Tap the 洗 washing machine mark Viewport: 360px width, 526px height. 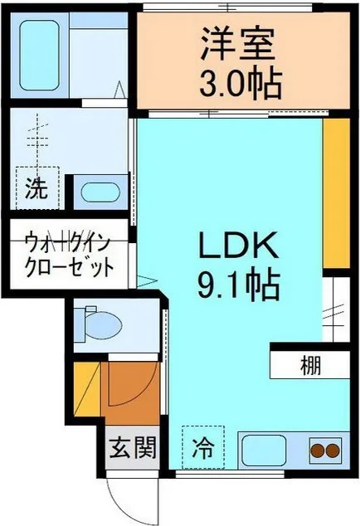point(36,188)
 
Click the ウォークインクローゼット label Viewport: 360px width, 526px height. point(68,256)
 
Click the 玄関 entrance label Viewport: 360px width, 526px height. point(131,451)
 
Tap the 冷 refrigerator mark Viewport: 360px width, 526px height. point(202,449)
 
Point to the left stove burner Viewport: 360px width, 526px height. point(316,452)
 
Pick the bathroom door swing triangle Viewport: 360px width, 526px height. point(120,90)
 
